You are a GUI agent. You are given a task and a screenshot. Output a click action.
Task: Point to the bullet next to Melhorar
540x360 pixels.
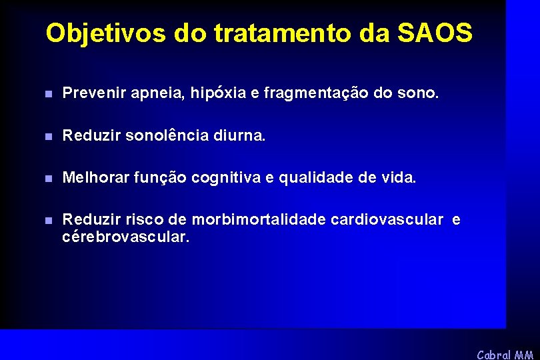47,179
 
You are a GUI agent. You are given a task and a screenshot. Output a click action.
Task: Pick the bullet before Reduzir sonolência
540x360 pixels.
47,137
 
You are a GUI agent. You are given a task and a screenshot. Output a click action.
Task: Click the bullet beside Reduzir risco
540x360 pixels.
47,221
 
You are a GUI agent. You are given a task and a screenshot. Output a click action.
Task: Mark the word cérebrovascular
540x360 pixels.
125,237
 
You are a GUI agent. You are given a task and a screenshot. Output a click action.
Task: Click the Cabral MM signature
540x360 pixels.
505,354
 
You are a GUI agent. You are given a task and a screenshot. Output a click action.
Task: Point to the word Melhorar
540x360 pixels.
95,178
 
